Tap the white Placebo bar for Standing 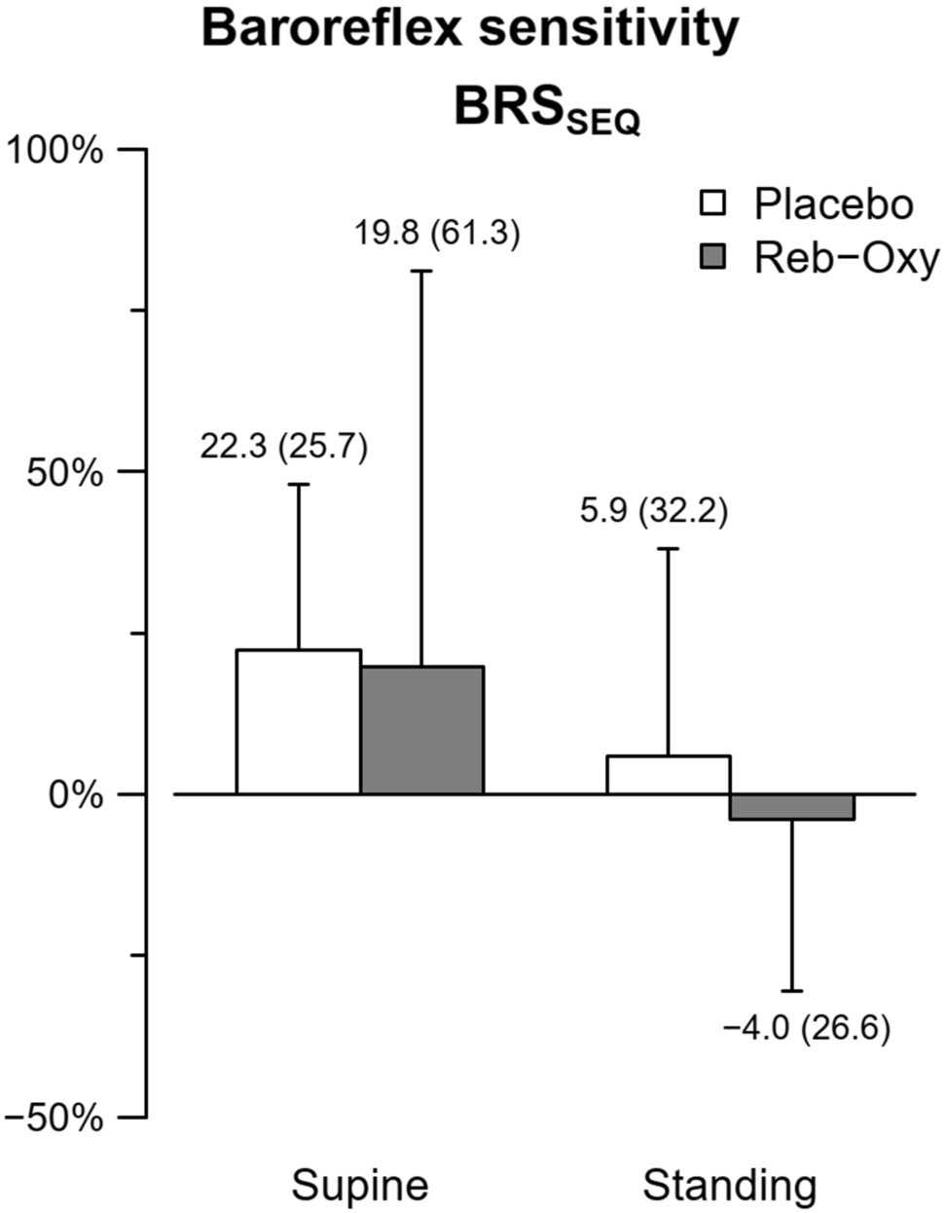pos(669,775)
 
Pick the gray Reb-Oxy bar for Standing pos(792,807)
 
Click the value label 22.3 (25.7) pos(284,448)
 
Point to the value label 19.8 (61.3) pos(437,235)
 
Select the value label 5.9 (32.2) pos(653,511)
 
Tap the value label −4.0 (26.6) pos(807,1028)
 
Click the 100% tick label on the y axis pos(55,151)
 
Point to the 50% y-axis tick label pos(65,472)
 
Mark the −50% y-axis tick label pos(55,1118)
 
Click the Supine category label pos(360,1186)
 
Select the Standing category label pos(730,1186)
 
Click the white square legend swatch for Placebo pos(713,204)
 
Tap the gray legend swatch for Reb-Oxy pos(713,258)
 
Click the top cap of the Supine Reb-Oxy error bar pos(422,271)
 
